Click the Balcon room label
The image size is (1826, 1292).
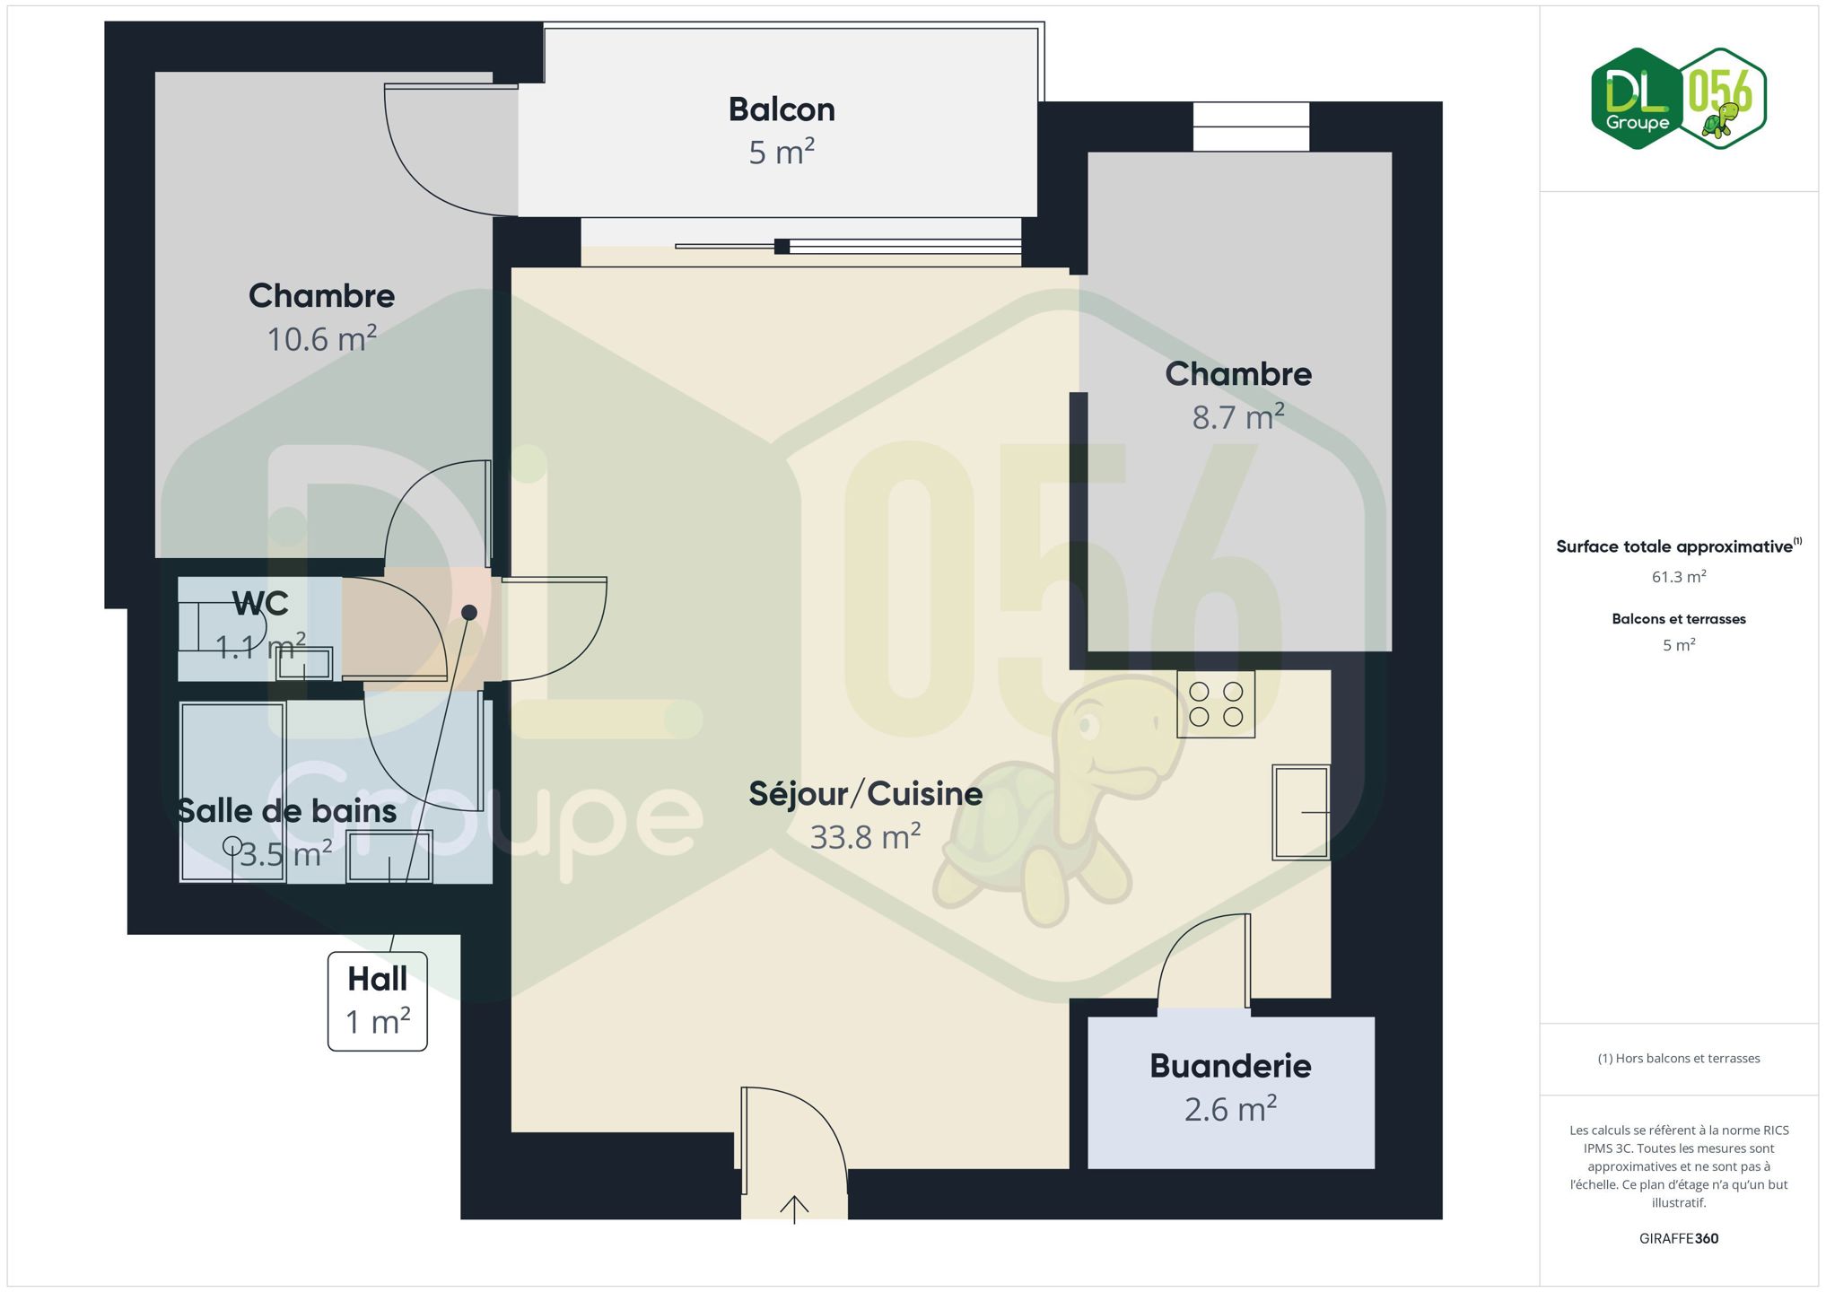(782, 109)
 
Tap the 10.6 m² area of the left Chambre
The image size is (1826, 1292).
(321, 339)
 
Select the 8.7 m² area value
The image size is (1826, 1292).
(1238, 417)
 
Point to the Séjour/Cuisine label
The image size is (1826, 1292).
(866, 794)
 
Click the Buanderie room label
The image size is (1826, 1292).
(1230, 1066)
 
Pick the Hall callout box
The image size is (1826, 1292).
(378, 1001)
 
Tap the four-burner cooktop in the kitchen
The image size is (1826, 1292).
(1216, 704)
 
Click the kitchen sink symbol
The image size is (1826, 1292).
(1301, 812)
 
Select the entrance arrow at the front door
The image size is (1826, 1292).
(794, 1209)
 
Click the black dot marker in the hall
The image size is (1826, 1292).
(469, 613)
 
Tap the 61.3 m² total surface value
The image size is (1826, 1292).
(1679, 577)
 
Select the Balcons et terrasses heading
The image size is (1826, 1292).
(1679, 619)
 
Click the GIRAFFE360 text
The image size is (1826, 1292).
(1679, 1238)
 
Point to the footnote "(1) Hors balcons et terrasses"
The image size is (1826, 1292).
(1679, 1059)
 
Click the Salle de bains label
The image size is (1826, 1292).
(286, 811)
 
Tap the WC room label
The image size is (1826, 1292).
(260, 604)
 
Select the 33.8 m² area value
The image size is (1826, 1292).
(866, 837)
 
